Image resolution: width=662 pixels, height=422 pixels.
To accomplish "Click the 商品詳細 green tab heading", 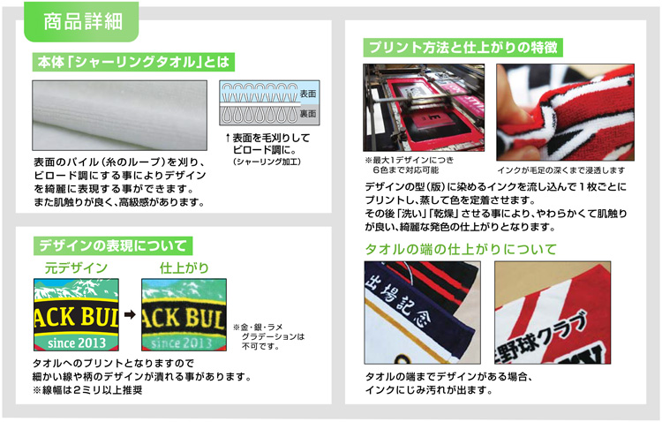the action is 83,21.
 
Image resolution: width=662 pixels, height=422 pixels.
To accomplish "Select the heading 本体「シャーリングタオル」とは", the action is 133,62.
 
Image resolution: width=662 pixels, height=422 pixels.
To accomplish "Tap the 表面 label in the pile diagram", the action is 308,94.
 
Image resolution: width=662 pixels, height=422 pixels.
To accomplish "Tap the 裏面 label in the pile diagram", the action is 308,114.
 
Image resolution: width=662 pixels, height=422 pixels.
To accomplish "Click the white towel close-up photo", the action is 119,116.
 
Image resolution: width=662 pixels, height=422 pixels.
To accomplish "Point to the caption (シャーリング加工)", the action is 267,162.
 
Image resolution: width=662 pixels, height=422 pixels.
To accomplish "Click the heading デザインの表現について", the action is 113,245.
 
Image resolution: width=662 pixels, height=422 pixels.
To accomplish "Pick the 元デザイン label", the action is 77,268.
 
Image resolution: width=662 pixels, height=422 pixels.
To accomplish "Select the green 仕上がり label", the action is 184,268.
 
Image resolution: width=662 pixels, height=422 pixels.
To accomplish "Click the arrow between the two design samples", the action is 130,314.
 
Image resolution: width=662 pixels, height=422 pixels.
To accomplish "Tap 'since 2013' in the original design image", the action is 77,343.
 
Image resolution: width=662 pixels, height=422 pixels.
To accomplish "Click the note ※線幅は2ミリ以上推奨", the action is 87,390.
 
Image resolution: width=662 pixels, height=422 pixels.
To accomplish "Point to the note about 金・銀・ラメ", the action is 269,336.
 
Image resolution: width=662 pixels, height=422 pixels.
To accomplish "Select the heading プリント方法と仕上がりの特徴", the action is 463,48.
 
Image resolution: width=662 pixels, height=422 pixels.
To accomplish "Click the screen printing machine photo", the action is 424,108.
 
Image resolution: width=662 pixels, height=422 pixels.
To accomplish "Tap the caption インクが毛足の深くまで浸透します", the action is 560,170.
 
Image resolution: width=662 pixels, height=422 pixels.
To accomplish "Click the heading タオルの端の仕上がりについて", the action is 461,249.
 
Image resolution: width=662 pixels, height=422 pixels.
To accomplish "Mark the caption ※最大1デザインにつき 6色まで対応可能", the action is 409,165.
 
